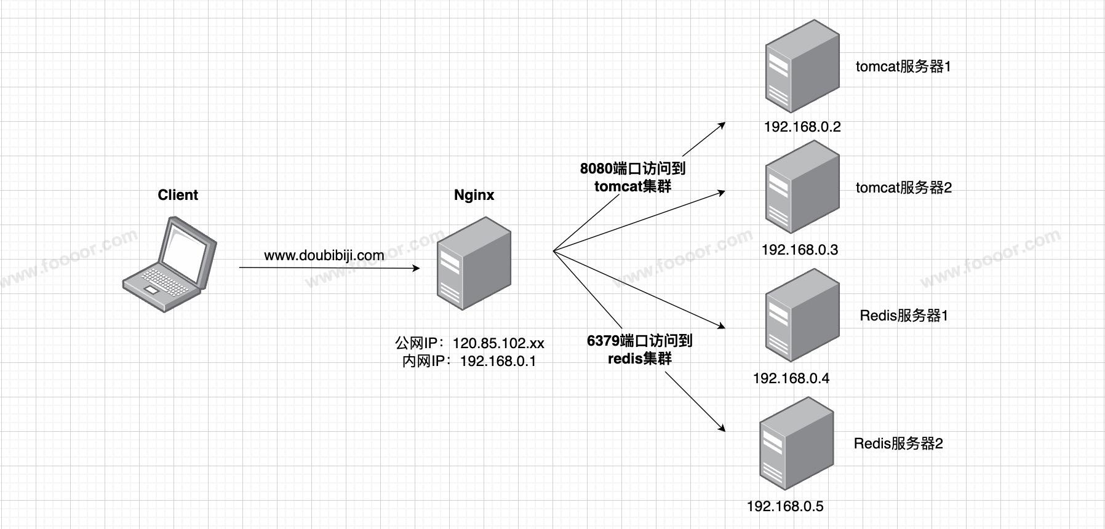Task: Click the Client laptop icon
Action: point(169,264)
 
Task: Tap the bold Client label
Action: point(178,195)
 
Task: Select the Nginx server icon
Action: point(474,263)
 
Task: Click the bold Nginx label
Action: point(474,195)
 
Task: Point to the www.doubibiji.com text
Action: point(324,255)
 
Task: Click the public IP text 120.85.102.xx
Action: point(498,343)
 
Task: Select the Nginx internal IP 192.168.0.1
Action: point(498,361)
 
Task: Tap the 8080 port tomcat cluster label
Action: point(632,177)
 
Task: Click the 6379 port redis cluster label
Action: point(640,349)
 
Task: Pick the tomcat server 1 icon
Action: point(802,66)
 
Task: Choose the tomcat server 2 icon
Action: point(802,188)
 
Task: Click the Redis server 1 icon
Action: point(802,316)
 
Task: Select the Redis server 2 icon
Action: point(796,443)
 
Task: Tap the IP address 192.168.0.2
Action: point(802,127)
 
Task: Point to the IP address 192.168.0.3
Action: point(800,250)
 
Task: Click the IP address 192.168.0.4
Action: point(791,378)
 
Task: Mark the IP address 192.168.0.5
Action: point(785,506)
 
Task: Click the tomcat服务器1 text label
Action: point(903,66)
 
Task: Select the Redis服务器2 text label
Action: point(898,443)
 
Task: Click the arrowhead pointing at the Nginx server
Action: point(417,268)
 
